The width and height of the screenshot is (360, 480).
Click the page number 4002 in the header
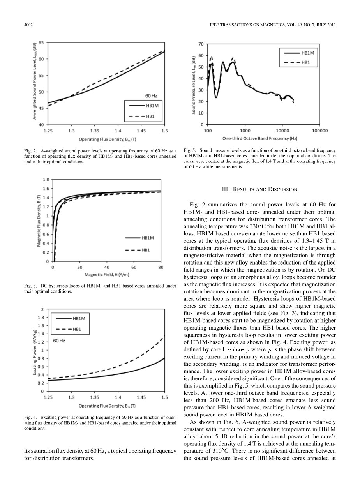pos(28,25)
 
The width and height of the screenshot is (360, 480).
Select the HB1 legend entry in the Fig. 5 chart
pos(306,62)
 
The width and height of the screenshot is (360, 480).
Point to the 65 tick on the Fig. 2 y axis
pos(41,43)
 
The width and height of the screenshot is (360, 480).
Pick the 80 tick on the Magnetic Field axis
pos(161,268)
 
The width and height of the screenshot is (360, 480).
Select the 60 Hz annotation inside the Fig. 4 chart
pos(59,341)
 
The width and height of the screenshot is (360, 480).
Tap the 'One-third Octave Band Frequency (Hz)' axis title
pos(259,138)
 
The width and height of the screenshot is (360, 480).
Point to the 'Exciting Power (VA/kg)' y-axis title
pos(34,353)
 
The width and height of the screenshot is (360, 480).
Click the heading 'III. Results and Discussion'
pos(259,189)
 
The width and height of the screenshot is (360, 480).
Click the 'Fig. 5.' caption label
pos(190,150)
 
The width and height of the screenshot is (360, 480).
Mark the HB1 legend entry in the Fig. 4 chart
pos(77,329)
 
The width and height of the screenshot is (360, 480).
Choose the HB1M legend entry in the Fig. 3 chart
pos(148,238)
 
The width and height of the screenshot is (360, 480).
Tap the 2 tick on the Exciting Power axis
pos(42,309)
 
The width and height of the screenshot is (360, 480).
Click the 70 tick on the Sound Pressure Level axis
pos(201,44)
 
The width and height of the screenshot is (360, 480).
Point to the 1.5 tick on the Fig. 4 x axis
pos(164,397)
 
